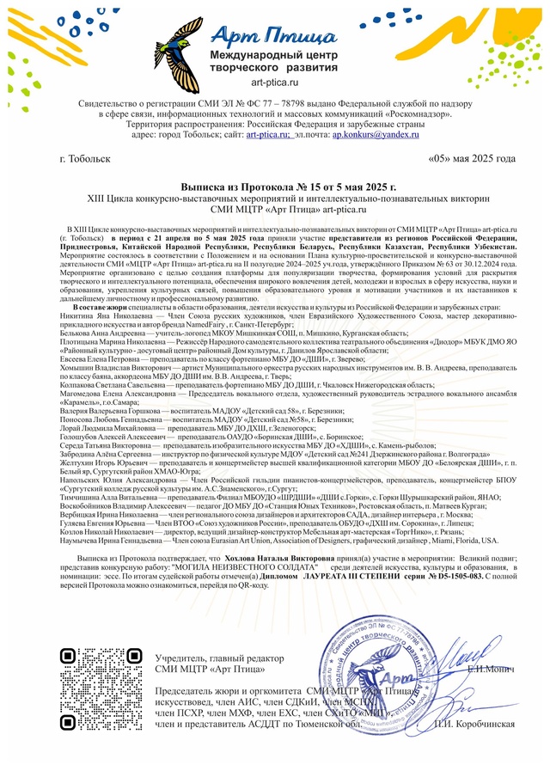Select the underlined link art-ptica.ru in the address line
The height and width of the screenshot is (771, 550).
[266, 136]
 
